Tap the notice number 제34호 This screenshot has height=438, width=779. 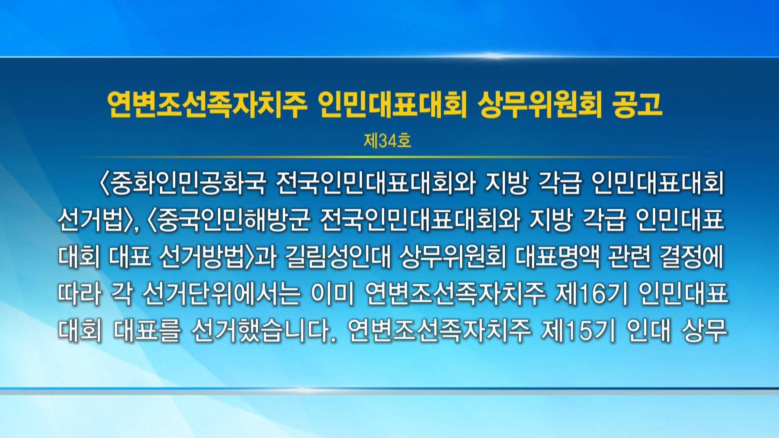387,141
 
